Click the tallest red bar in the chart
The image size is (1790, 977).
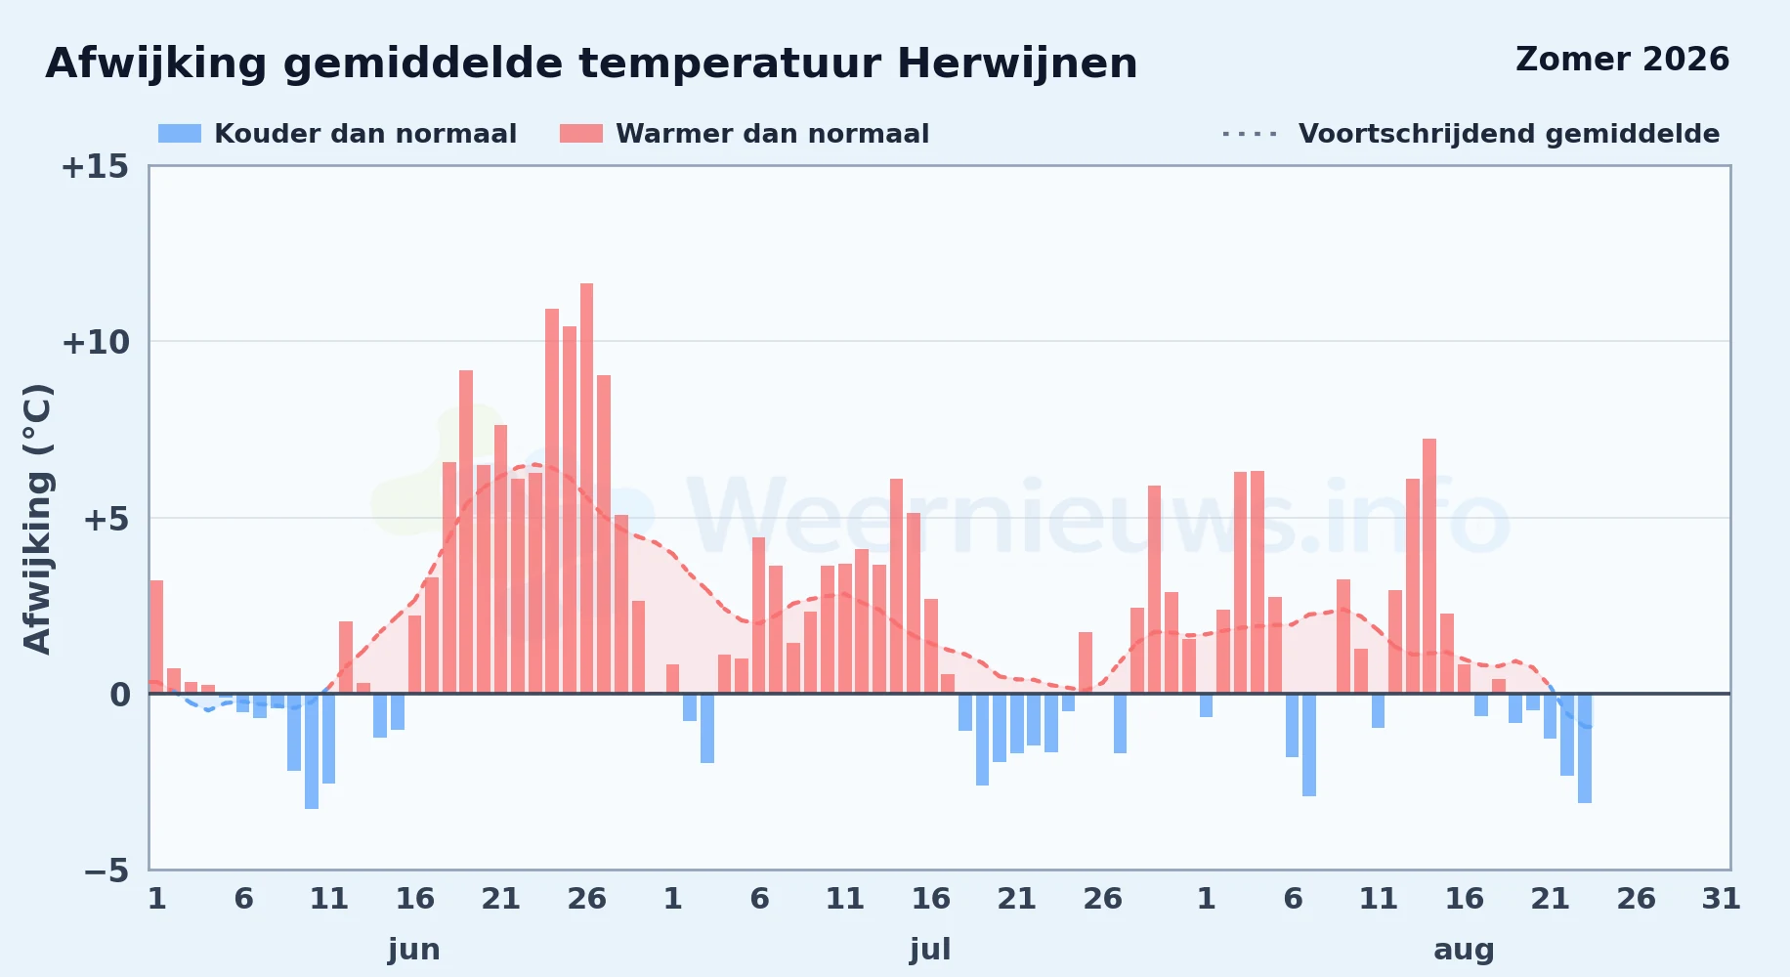(586, 488)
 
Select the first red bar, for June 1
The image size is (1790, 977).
(156, 637)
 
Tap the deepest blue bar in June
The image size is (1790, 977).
(312, 751)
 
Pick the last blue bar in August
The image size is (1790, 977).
(1585, 748)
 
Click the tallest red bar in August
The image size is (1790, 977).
(1429, 567)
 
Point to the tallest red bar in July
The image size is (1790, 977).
(896, 586)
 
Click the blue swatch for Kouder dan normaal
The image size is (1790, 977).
(180, 134)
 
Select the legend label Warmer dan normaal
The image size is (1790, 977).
(772, 134)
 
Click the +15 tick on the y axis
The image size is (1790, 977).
(95, 167)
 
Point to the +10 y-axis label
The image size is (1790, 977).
(95, 343)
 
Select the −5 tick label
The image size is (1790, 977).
(107, 871)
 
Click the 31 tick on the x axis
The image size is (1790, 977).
(1722, 899)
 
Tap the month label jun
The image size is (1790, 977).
(414, 950)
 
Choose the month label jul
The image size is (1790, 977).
(930, 950)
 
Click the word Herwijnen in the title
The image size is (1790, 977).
(1017, 64)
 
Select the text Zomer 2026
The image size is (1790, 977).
(1622, 60)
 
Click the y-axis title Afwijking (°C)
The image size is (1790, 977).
(37, 518)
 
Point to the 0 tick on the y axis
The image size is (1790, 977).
(119, 696)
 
